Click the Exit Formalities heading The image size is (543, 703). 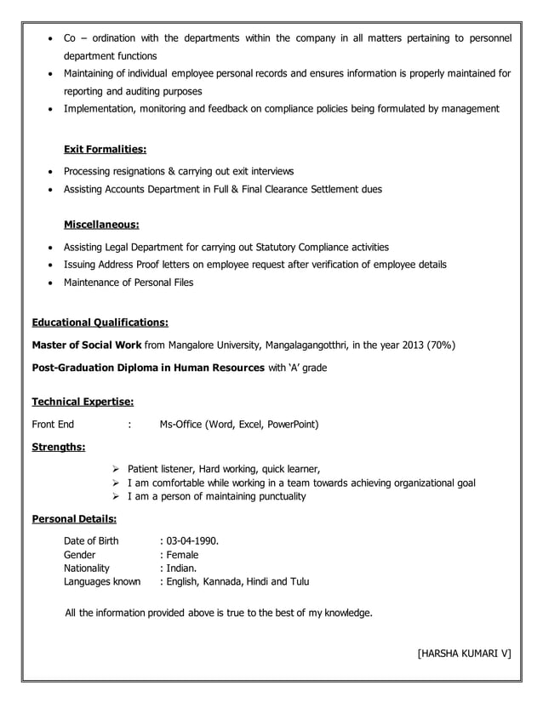[x=105, y=149]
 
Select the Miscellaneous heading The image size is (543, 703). [x=101, y=225]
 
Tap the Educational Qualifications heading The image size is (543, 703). [x=100, y=323]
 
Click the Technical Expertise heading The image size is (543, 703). [x=82, y=401]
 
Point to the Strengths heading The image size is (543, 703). [x=58, y=445]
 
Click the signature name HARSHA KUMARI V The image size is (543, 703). [x=464, y=653]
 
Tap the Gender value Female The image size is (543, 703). [x=182, y=554]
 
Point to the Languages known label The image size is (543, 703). [x=102, y=582]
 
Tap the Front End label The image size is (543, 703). [x=53, y=424]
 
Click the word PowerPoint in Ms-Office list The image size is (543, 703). [x=292, y=424]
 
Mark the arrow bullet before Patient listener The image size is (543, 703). [x=116, y=469]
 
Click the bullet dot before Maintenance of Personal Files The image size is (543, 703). [x=52, y=283]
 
